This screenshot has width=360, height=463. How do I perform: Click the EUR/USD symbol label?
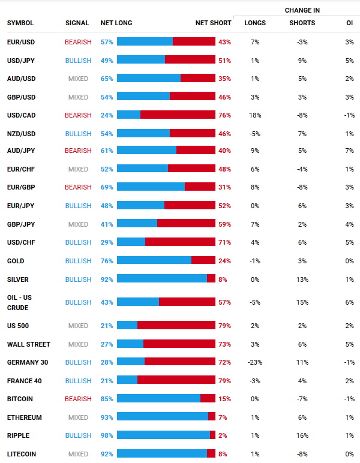(21, 42)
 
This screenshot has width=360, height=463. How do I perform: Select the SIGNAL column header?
(77, 23)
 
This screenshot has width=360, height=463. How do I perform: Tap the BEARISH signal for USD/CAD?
(78, 115)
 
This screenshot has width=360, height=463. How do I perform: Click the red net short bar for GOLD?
(203, 260)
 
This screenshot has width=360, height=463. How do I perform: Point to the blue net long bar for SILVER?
(162, 278)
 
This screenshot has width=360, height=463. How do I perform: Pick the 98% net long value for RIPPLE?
(107, 435)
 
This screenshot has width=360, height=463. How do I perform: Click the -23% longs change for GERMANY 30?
(255, 362)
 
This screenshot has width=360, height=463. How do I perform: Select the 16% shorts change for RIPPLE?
(302, 435)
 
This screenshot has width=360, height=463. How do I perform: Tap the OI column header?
(349, 23)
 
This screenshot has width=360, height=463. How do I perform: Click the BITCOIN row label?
(20, 399)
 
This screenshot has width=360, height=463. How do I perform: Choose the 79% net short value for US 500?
(224, 326)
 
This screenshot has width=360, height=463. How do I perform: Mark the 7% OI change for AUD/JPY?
(349, 151)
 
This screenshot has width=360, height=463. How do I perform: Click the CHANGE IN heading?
(302, 10)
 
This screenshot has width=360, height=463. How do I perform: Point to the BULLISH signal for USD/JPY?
(78, 61)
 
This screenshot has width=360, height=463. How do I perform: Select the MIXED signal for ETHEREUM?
(78, 417)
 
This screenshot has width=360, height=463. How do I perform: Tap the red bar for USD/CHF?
(180, 242)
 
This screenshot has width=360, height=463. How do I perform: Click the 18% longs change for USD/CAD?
(255, 115)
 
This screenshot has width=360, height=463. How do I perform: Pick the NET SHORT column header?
(213, 23)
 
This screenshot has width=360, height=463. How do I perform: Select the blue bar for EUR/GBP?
(151, 187)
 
